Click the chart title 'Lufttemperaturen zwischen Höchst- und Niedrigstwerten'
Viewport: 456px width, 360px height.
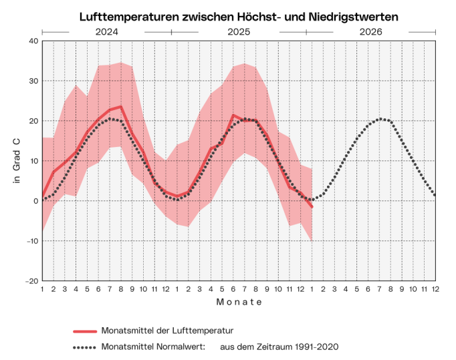click(x=239, y=15)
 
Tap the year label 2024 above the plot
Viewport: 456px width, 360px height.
click(x=106, y=31)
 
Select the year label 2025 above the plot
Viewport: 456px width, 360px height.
click(x=238, y=31)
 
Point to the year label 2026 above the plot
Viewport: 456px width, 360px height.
click(x=371, y=31)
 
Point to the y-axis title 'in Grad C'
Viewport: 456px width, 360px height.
click(x=17, y=161)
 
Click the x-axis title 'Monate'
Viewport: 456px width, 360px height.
click(x=239, y=302)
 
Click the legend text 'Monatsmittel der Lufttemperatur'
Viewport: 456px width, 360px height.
click(x=166, y=331)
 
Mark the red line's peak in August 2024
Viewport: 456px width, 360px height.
click(x=120, y=106)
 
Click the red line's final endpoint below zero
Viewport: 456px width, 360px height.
click(x=312, y=207)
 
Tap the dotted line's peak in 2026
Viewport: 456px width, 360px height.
click(x=380, y=119)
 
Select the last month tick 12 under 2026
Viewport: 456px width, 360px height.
click(x=435, y=289)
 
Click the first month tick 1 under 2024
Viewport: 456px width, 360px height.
click(x=42, y=289)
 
